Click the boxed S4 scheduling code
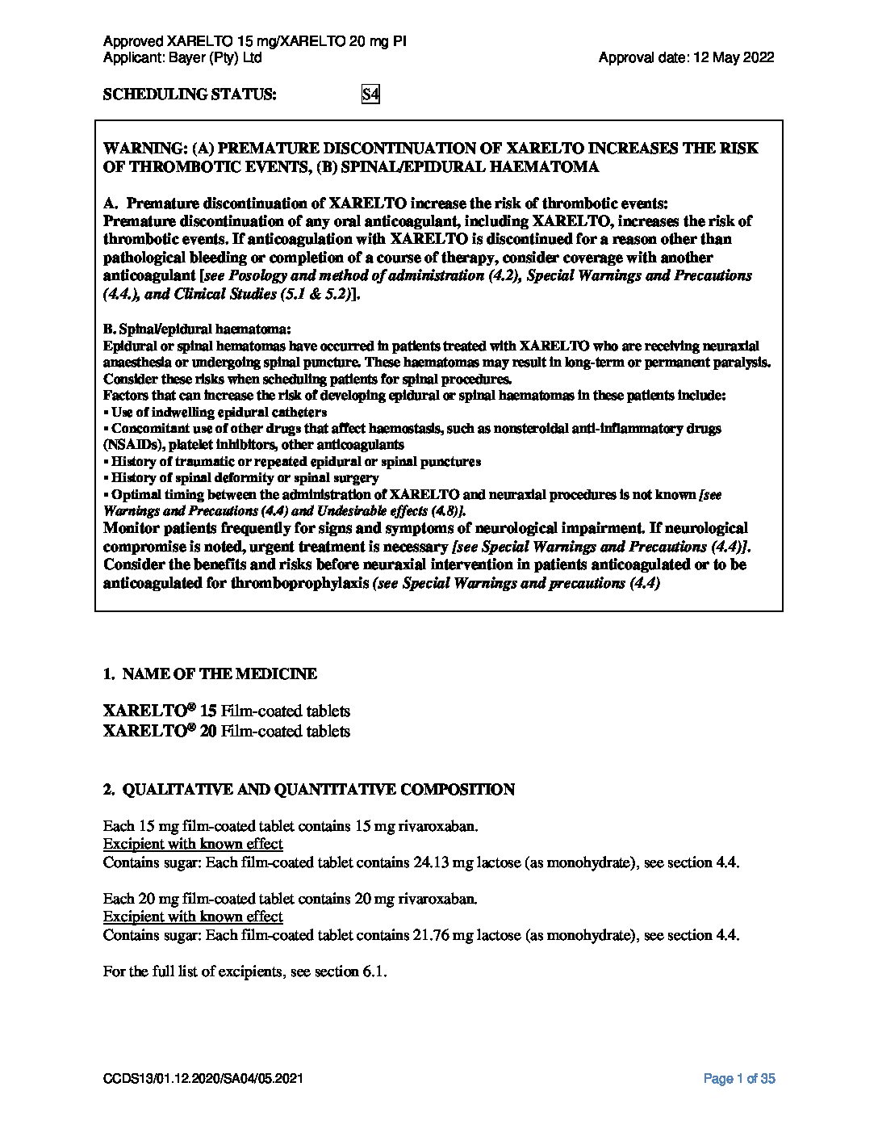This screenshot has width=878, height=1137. click(370, 94)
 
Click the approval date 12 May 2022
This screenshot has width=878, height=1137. click(734, 57)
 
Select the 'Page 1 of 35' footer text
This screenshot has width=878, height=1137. click(739, 1078)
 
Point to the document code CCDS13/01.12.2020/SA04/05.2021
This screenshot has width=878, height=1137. click(203, 1079)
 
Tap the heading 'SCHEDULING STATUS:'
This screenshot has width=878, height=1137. click(190, 94)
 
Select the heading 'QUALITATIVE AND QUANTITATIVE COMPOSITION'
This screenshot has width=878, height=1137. click(318, 790)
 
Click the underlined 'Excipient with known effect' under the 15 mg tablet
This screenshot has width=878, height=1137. click(193, 844)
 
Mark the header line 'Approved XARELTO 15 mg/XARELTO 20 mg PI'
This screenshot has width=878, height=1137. click(255, 41)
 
